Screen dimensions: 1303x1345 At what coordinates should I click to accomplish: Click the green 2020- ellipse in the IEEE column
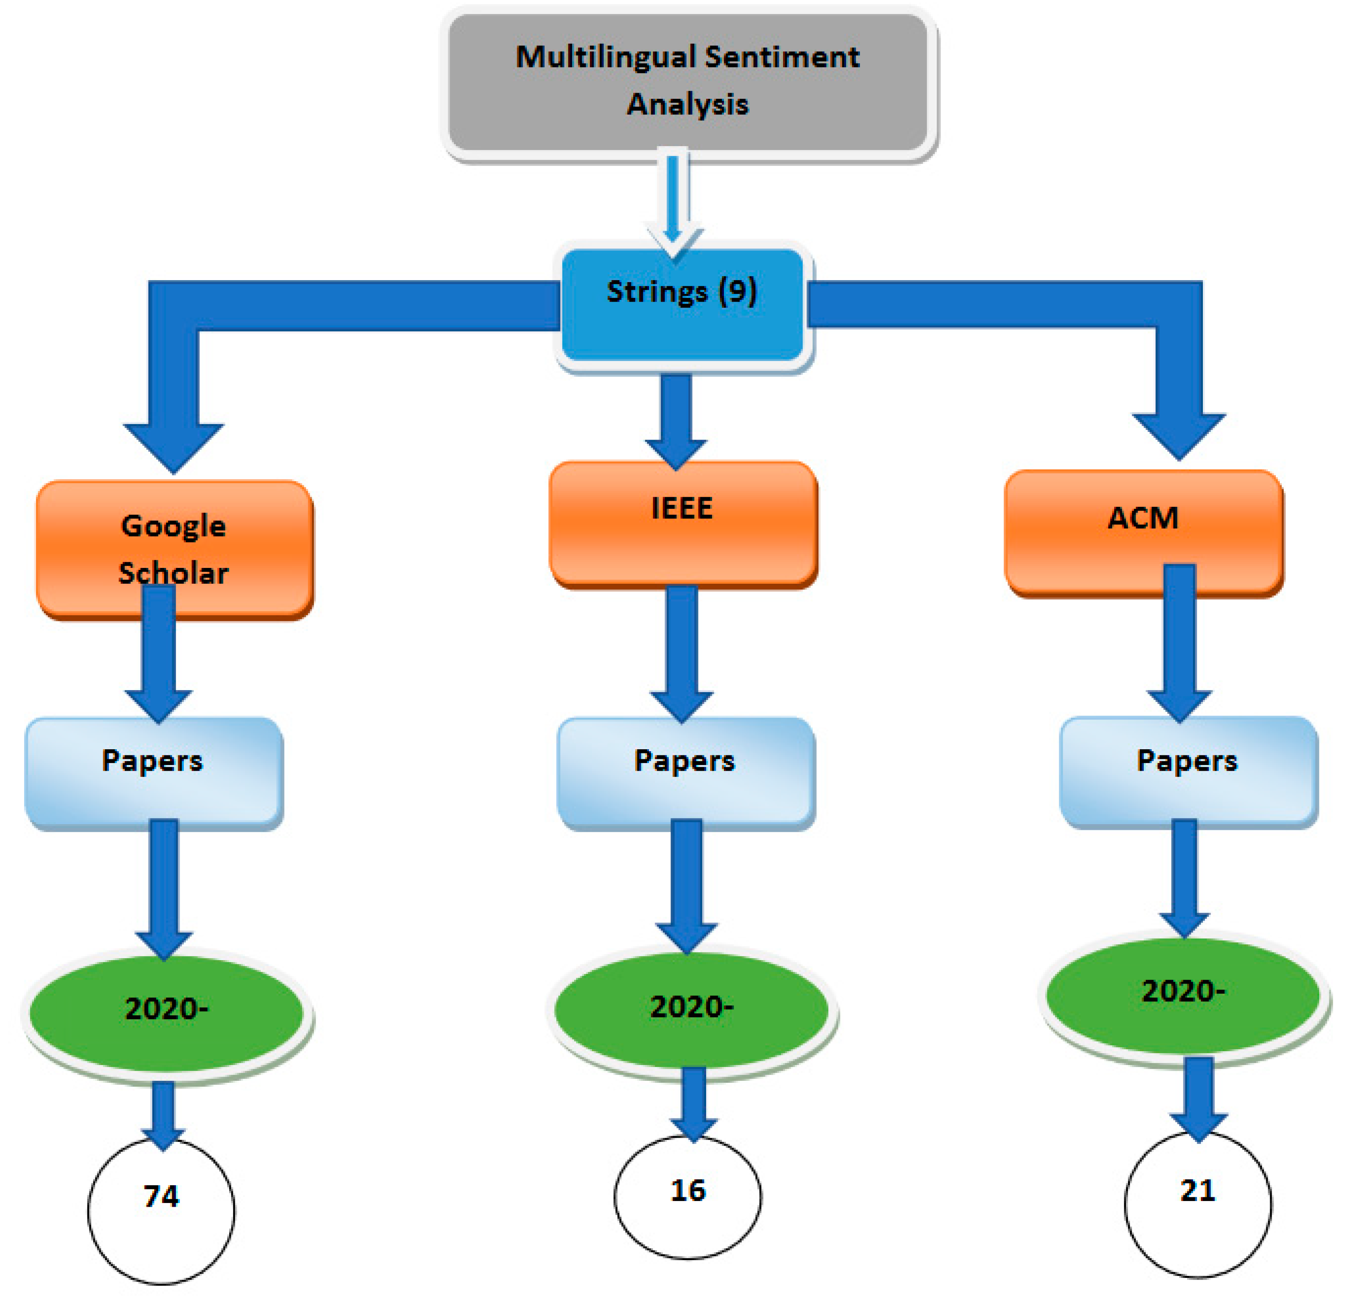(x=692, y=1009)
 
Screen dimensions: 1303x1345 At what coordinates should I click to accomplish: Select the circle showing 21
(x=1198, y=1204)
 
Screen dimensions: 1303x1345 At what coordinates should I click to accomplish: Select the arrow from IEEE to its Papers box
(x=682, y=652)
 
